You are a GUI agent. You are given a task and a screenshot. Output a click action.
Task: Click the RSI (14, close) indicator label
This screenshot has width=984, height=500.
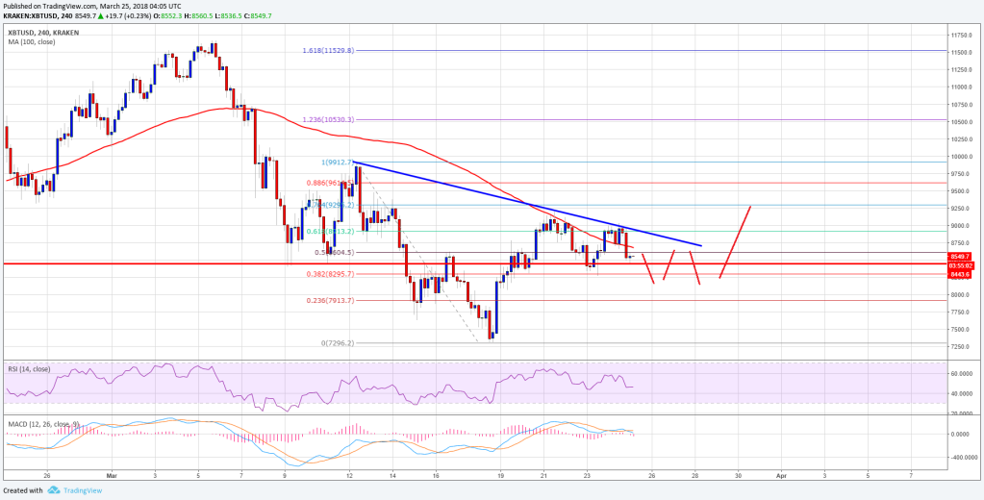pyautogui.click(x=29, y=369)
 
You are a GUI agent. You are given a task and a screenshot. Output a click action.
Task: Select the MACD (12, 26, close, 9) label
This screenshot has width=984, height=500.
pyautogui.click(x=42, y=420)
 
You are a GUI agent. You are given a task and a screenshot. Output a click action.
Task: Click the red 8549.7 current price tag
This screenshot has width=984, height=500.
pyautogui.click(x=963, y=257)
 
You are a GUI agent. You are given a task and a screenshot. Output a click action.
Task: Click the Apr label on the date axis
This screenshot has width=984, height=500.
pyautogui.click(x=780, y=476)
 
